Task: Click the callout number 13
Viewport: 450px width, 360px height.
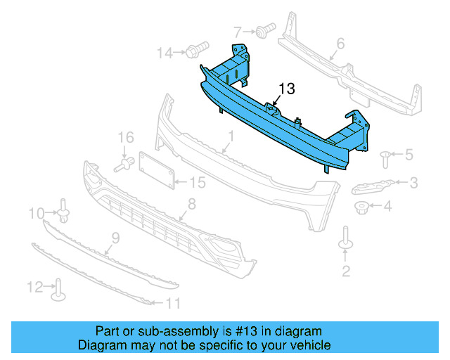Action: tap(287, 89)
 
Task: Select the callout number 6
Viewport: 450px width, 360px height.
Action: tap(340, 44)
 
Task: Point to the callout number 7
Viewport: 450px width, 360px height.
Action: tap(238, 31)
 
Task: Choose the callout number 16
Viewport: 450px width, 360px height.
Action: tap(125, 136)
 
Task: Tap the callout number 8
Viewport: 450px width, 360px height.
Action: tap(191, 205)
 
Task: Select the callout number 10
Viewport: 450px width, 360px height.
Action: tap(35, 212)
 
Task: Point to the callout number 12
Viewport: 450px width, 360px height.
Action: tap(34, 286)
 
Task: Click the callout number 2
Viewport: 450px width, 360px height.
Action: tap(346, 271)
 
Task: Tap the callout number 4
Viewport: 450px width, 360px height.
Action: tap(387, 206)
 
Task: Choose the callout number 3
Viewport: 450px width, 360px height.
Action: tap(413, 183)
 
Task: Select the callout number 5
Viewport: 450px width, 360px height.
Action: tap(409, 154)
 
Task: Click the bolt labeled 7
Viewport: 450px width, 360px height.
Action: tap(264, 31)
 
